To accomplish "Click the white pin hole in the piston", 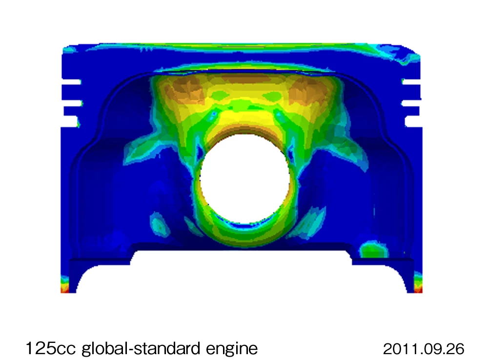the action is [244, 179].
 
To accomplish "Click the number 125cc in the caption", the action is [51, 348].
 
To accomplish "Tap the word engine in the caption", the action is [232, 349].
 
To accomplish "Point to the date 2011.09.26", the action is [424, 349].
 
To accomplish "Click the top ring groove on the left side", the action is [71, 82].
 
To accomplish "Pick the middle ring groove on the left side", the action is [72, 103].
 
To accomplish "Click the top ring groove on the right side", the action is [411, 82].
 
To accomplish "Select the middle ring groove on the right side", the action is [411, 103].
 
